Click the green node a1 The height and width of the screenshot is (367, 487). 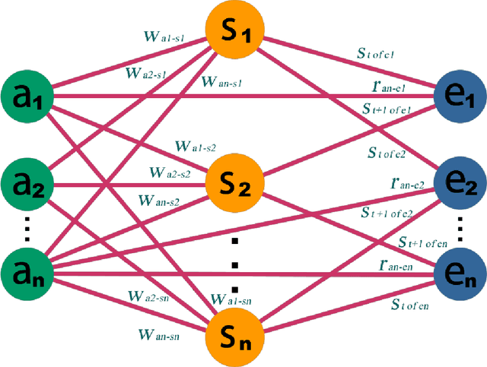coord(24,96)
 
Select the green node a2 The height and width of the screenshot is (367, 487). coord(24,185)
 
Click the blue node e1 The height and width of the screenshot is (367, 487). coord(458,96)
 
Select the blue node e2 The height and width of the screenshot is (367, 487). coord(459,185)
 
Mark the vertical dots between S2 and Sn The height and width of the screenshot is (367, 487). coord(236,265)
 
